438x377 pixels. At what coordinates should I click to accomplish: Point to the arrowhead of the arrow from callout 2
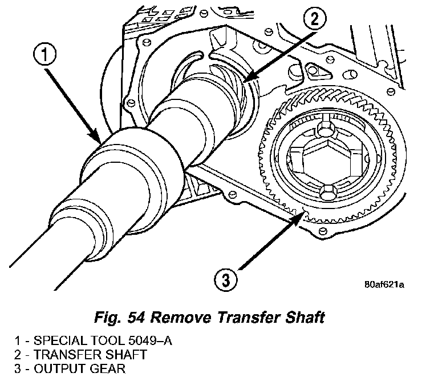247,80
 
